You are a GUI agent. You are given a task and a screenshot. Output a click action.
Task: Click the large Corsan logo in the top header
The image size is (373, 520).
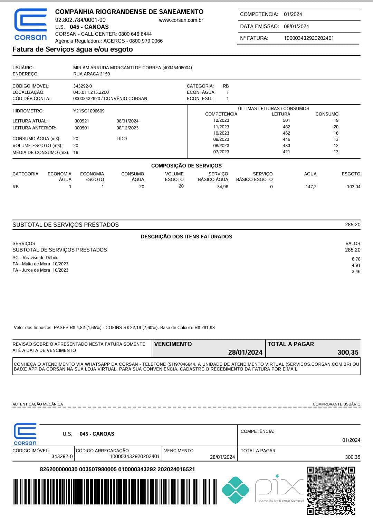pyautogui.click(x=30, y=24)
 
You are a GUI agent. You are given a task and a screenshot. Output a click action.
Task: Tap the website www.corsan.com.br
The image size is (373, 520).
pyautogui.click(x=181, y=20)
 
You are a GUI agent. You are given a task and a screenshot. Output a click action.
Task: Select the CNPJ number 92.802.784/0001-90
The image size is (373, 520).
pyautogui.click(x=80, y=20)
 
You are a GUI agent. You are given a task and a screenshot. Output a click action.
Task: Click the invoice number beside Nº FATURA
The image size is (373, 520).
pyautogui.click(x=309, y=38)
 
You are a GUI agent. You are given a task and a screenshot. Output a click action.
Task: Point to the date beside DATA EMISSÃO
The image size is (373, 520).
pyautogui.click(x=296, y=26)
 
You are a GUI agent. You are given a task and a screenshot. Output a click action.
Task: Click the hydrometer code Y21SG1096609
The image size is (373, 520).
pyautogui.click(x=89, y=111)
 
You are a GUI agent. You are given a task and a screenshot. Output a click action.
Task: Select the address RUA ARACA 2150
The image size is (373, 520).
pyautogui.click(x=92, y=74)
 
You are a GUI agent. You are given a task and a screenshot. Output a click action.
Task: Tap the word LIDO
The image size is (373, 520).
pyautogui.click(x=122, y=139)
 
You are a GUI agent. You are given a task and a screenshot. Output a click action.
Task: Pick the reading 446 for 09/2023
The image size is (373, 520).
pyautogui.click(x=286, y=139)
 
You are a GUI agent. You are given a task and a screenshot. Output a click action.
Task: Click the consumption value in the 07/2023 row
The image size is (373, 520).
pyautogui.click(x=336, y=152)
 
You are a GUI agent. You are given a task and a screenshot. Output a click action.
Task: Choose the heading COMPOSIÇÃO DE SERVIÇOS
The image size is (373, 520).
pyautogui.click(x=186, y=166)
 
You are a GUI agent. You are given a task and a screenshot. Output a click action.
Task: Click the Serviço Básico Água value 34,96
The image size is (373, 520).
pyautogui.click(x=222, y=187)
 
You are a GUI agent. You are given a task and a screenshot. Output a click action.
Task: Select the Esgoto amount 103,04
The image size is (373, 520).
pyautogui.click(x=353, y=187)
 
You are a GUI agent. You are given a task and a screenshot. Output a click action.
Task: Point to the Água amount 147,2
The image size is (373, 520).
pyautogui.click(x=311, y=187)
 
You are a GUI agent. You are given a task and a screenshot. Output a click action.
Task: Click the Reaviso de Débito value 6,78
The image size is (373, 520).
pyautogui.click(x=356, y=259)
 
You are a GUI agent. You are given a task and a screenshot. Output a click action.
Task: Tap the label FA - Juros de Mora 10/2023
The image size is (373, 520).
pyautogui.click(x=40, y=270)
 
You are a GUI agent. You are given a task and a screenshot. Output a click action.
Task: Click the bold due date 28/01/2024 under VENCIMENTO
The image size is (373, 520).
pyautogui.click(x=245, y=352)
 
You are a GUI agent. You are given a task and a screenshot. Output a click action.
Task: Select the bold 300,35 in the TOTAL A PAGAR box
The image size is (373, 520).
pyautogui.click(x=348, y=352)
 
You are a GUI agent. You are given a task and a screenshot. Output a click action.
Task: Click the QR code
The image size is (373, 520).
pyautogui.click(x=331, y=491)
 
